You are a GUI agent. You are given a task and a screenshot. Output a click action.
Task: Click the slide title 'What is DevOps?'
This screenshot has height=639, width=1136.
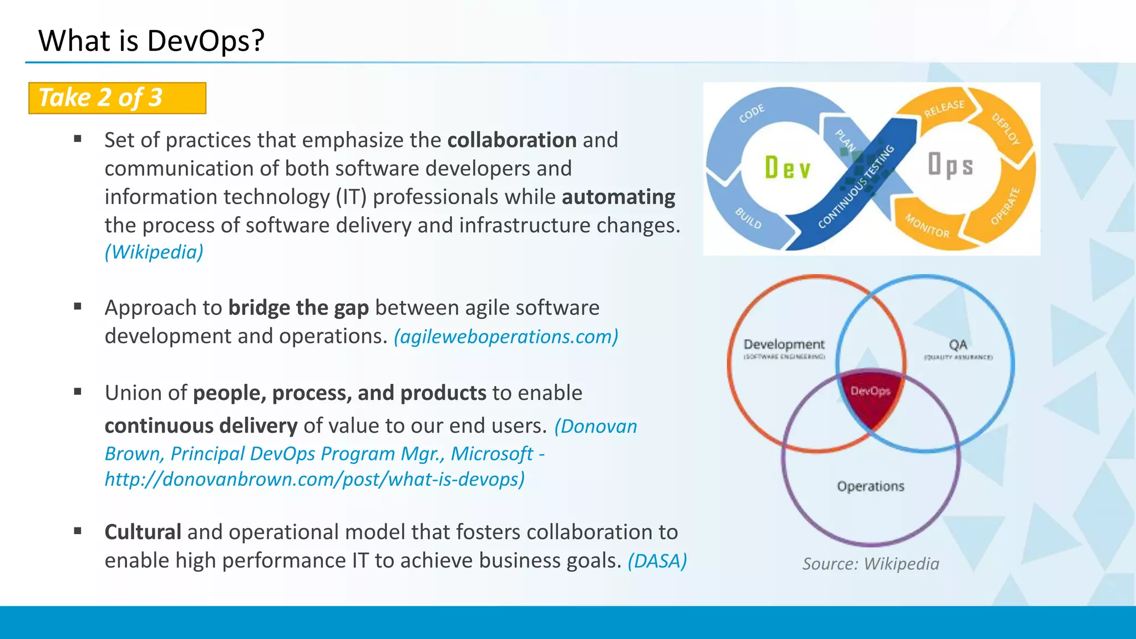coord(151,41)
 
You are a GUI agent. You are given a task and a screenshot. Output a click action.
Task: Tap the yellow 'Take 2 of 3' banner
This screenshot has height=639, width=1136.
coord(117,98)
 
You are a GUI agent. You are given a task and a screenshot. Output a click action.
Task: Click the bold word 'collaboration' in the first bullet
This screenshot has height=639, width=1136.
coord(511,140)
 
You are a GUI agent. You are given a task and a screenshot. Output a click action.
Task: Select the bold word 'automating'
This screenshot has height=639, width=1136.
coord(618,197)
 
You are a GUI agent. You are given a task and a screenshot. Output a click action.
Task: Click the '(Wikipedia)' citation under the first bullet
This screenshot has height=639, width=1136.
coord(154,252)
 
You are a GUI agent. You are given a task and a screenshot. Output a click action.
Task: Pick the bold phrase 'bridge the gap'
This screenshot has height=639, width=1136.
coord(298,307)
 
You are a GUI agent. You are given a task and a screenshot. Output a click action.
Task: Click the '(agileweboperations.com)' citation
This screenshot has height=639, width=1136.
coord(506,336)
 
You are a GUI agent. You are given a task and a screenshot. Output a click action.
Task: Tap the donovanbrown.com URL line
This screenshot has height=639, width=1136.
coord(315,479)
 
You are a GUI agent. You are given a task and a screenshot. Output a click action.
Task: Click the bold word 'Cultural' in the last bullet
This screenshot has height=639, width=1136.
coord(143,532)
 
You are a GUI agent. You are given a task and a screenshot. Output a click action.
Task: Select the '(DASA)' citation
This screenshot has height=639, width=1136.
coord(657,561)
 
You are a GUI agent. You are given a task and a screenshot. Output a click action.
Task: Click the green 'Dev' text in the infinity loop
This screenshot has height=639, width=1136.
coord(788,168)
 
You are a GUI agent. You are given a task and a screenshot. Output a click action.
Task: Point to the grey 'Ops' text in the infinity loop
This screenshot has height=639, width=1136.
coord(950,165)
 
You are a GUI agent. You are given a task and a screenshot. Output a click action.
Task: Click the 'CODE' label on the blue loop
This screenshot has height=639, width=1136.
coord(752,113)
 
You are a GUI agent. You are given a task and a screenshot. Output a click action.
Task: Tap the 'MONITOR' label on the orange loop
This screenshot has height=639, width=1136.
coord(927,226)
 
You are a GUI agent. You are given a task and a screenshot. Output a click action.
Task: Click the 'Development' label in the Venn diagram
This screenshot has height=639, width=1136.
coord(784,344)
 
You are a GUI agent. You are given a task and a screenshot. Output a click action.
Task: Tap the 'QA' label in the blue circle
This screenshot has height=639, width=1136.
coord(958,345)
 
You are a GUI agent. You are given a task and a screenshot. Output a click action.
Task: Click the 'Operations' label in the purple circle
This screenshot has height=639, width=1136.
coord(870,486)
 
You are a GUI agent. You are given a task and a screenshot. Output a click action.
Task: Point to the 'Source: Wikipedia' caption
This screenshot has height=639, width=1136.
coord(870,564)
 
